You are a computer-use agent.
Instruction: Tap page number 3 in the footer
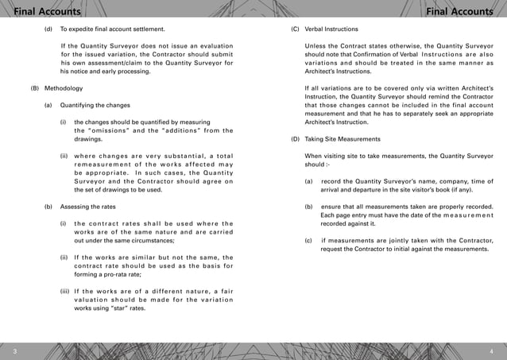coord(14,350)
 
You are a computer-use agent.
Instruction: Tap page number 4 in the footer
coord(493,350)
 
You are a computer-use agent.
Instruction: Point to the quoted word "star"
coord(122,306)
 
